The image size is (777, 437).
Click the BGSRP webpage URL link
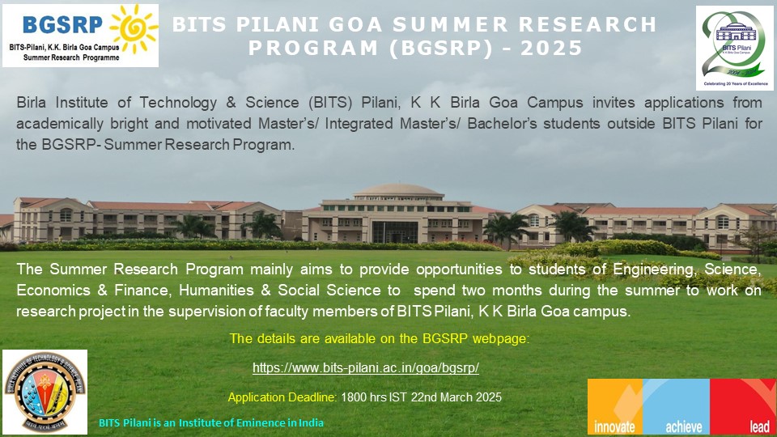click(x=366, y=367)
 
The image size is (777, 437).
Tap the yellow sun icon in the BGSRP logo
click(x=134, y=28)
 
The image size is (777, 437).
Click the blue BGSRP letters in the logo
click(x=62, y=24)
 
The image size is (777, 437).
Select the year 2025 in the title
click(x=551, y=48)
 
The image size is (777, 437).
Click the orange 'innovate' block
click(x=615, y=407)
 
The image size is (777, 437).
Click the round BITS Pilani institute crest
click(x=45, y=392)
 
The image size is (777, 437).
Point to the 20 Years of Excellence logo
click(x=735, y=48)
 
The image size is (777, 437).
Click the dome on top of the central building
click(x=398, y=191)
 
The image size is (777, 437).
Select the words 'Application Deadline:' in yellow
click(x=282, y=397)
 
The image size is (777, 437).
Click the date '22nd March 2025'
click(x=456, y=397)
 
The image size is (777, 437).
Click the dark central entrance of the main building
click(x=395, y=232)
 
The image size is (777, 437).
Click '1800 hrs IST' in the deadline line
click(x=374, y=397)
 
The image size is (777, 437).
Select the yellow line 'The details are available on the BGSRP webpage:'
click(x=380, y=339)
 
